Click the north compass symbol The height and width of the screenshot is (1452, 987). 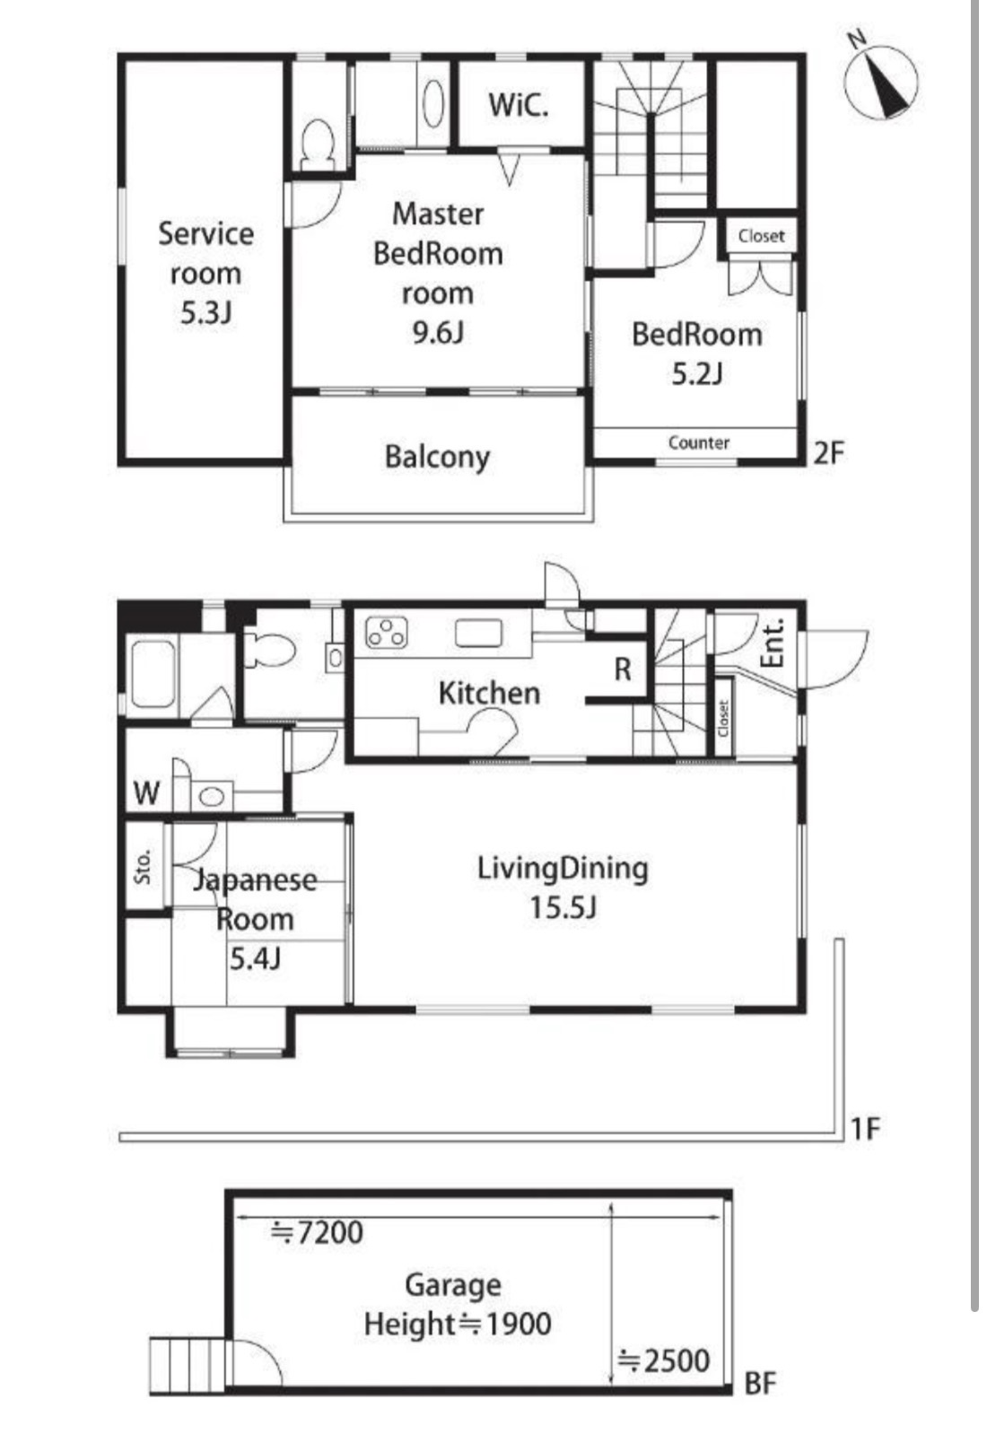pyautogui.click(x=880, y=81)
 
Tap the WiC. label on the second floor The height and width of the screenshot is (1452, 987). pyautogui.click(x=519, y=105)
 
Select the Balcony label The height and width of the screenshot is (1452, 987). pyautogui.click(x=438, y=457)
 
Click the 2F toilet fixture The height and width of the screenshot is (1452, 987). pyautogui.click(x=318, y=144)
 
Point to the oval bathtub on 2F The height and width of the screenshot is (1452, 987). pyautogui.click(x=433, y=104)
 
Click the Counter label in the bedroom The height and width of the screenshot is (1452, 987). pyautogui.click(x=699, y=442)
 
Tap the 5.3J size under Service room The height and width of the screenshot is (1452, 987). pyautogui.click(x=206, y=313)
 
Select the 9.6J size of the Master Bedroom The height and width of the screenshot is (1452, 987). pyautogui.click(x=438, y=333)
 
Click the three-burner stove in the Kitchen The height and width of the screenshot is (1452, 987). pyautogui.click(x=387, y=633)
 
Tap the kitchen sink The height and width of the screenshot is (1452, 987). pyautogui.click(x=478, y=634)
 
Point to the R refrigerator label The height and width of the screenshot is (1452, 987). pyautogui.click(x=623, y=669)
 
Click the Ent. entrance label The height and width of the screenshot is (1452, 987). pyautogui.click(x=773, y=643)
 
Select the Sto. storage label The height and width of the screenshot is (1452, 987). pyautogui.click(x=143, y=867)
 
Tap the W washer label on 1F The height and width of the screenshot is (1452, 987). pyautogui.click(x=146, y=792)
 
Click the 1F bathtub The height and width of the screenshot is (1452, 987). pyautogui.click(x=153, y=674)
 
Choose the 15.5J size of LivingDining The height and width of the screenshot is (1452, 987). pyautogui.click(x=563, y=907)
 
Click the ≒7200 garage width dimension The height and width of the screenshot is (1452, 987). pyautogui.click(x=317, y=1232)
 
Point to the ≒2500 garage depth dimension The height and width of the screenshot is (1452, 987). pyautogui.click(x=664, y=1360)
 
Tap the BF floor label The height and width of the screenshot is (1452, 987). pyautogui.click(x=760, y=1384)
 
